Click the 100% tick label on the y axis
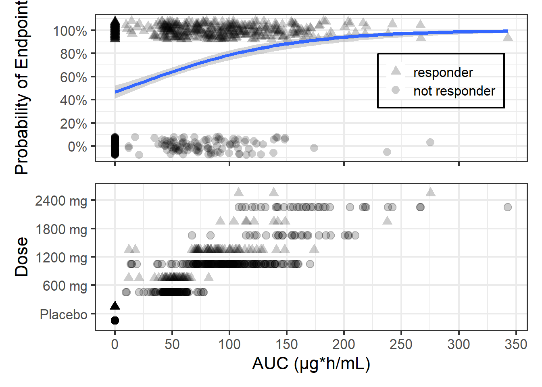[x=70, y=31]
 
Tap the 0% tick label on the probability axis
[x=77, y=147]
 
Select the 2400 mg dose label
[x=61, y=200]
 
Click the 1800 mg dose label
[x=61, y=229]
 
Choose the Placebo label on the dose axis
[x=63, y=314]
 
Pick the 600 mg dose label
[x=65, y=286]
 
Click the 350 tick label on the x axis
[x=516, y=344]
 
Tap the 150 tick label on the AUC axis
[x=286, y=344]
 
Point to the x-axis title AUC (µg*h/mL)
[x=311, y=364]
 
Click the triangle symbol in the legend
[x=396, y=71]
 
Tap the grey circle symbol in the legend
[x=396, y=90]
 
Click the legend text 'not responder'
[x=454, y=91]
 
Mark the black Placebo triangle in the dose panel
[x=115, y=306]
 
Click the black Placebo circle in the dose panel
[x=115, y=320]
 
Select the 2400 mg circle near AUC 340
[x=507, y=207]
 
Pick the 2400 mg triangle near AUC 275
[x=430, y=192]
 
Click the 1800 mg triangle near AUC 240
[x=387, y=221]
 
